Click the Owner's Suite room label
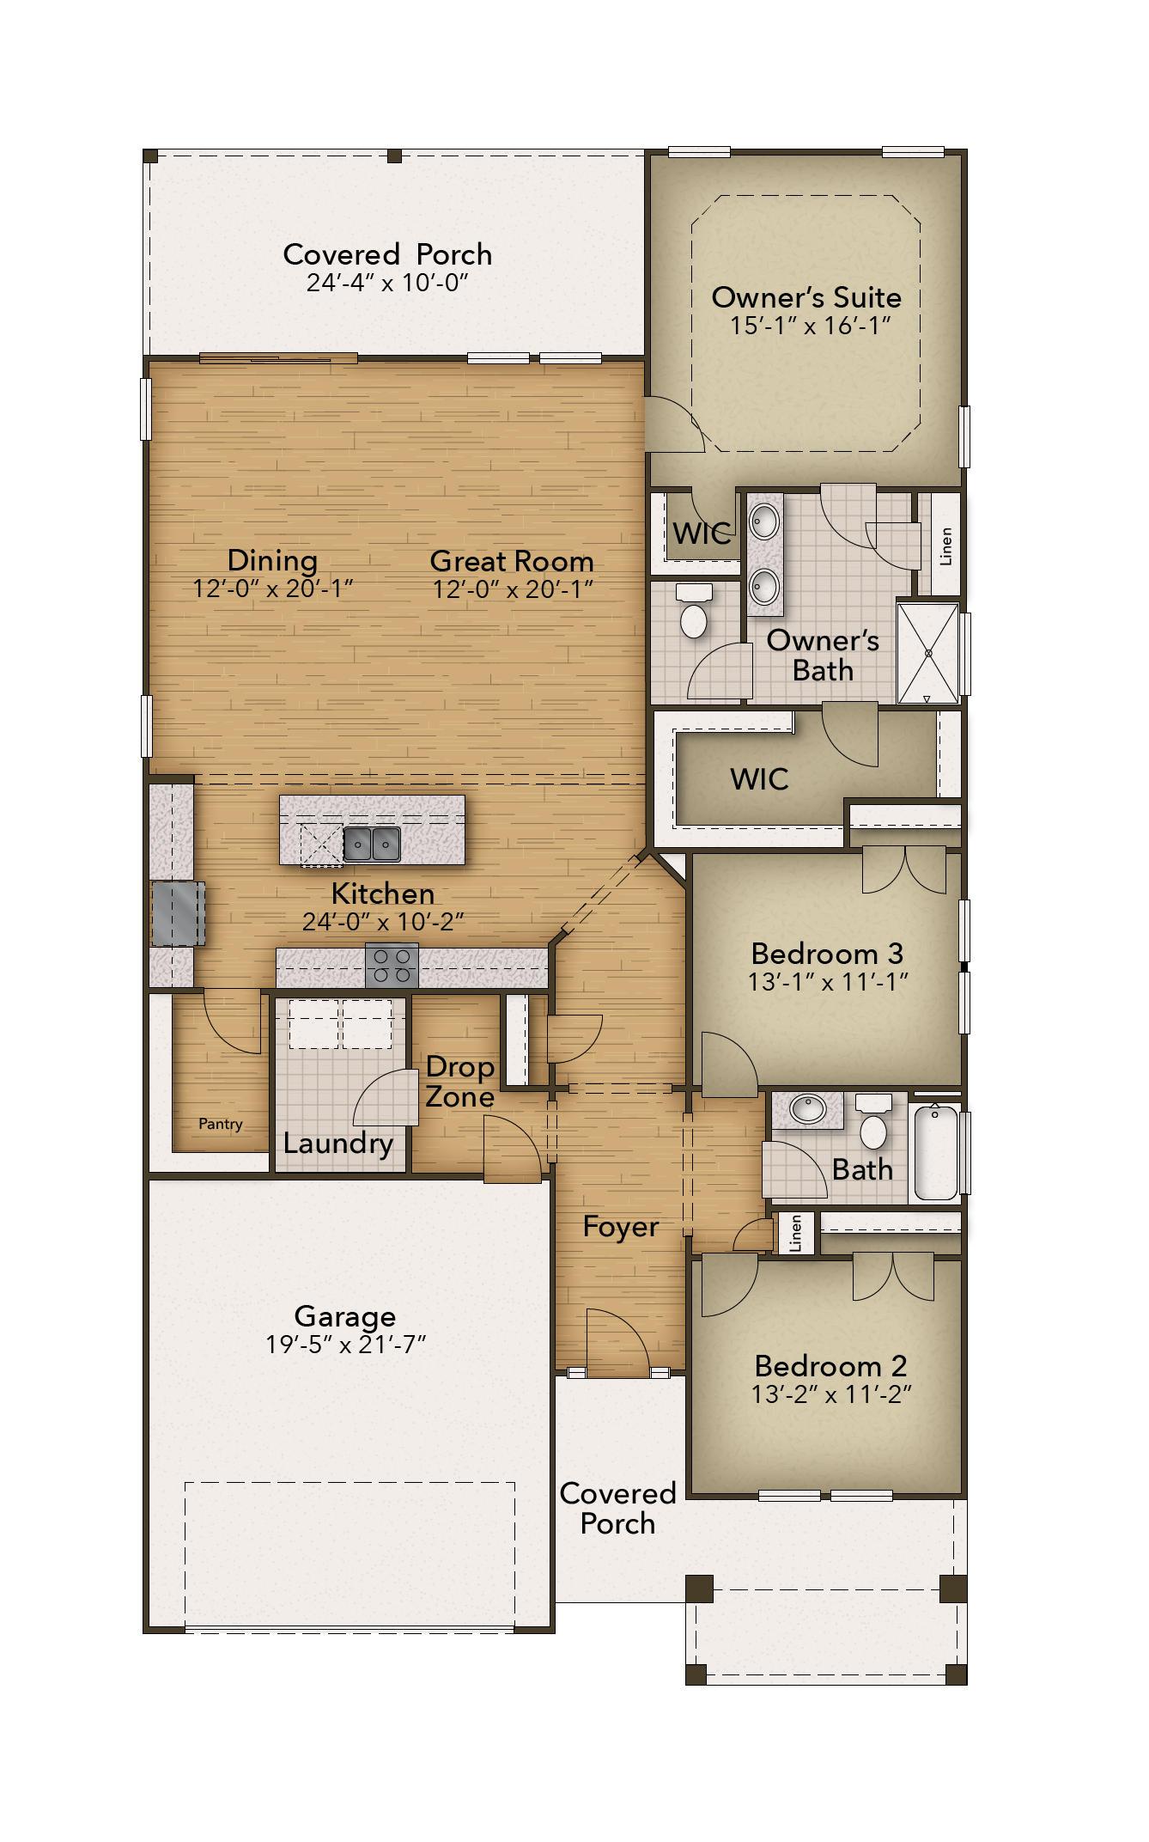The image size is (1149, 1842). [x=806, y=297]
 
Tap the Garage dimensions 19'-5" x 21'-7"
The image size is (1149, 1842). [x=345, y=1344]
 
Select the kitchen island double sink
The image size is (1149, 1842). [x=373, y=845]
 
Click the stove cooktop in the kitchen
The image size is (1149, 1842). [x=392, y=966]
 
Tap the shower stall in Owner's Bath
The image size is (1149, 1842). [x=927, y=653]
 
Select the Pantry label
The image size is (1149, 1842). [x=221, y=1124]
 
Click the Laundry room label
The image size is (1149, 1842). [x=337, y=1144]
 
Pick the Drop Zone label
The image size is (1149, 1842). [x=460, y=1082]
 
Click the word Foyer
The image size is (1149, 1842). [x=620, y=1227]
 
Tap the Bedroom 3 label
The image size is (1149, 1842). [x=826, y=953]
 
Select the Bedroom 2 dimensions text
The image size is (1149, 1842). [x=830, y=1394]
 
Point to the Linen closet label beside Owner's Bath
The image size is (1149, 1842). [x=946, y=546]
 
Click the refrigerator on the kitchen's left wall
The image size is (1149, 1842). [x=178, y=913]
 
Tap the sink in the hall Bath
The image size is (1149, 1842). [x=807, y=1109]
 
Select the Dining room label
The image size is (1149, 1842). [x=272, y=560]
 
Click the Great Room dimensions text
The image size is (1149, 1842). [x=513, y=589]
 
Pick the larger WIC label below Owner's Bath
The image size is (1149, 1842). [x=759, y=779]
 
